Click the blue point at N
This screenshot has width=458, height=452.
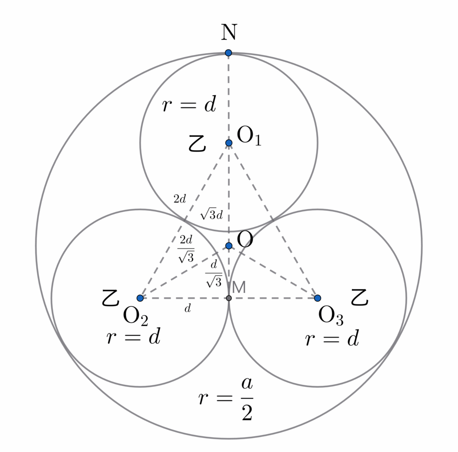[x=229, y=53]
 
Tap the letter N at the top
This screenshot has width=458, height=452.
[x=229, y=33]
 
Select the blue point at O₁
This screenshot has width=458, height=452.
[x=229, y=143]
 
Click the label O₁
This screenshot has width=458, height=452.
[x=249, y=135]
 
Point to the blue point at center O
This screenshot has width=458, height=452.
[x=229, y=245]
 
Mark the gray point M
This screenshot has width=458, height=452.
[x=229, y=298]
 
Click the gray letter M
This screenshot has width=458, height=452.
[x=239, y=287]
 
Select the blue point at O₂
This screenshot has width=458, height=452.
[x=140, y=298]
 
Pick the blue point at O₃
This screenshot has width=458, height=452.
[x=317, y=298]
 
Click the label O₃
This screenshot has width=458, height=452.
[x=331, y=317]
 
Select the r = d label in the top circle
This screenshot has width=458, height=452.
[x=189, y=105]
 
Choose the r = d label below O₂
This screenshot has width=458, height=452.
[x=133, y=338]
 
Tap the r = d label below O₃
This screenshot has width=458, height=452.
[x=332, y=339]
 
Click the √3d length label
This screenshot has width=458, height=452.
[x=212, y=215]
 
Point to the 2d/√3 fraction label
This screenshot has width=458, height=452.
[x=186, y=249]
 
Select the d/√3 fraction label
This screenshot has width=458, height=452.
[x=214, y=273]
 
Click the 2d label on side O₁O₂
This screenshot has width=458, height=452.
[x=179, y=199]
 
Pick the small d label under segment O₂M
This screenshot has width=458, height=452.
[x=188, y=308]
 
